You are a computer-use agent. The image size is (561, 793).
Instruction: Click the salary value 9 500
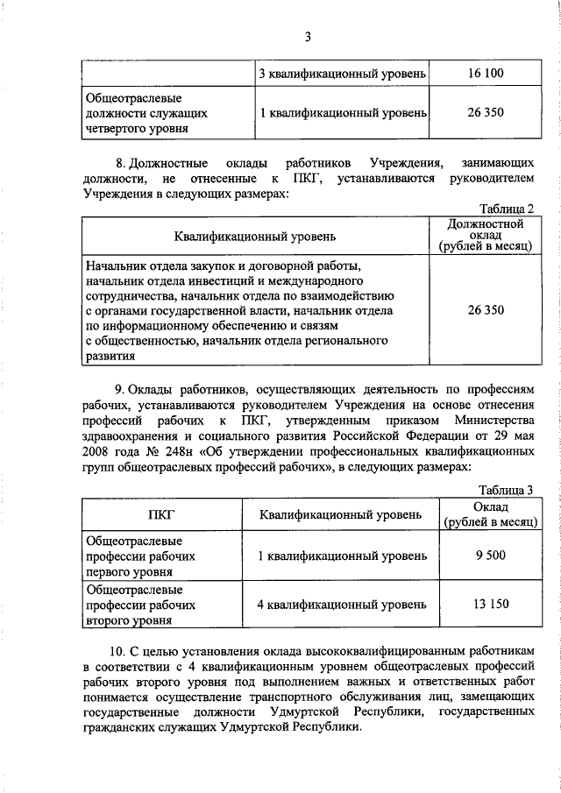(x=486, y=556)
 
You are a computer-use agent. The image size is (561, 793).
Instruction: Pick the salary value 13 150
(x=486, y=604)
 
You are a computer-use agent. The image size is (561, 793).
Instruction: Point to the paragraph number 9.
(x=120, y=388)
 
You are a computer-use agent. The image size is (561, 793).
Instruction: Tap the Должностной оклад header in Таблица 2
(x=486, y=236)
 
